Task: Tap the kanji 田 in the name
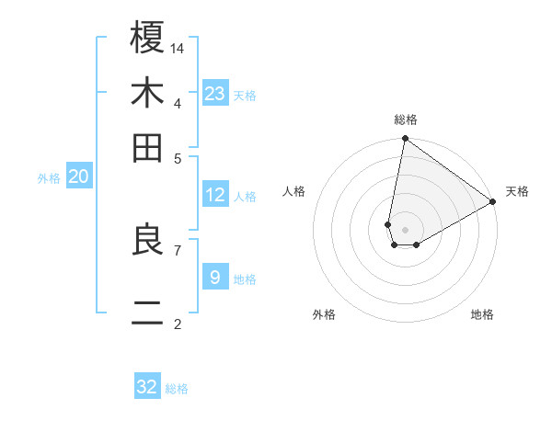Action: pos(148,147)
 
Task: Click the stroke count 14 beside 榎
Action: pos(178,48)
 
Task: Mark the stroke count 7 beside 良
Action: pos(178,249)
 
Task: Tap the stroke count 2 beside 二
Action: pos(178,324)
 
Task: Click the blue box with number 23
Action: pos(215,93)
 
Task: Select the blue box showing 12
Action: pos(215,195)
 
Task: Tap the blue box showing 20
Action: pos(79,177)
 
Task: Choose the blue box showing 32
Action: pos(147,387)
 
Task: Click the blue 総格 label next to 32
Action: pos(177,389)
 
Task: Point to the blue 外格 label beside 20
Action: pos(49,179)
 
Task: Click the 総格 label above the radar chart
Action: pos(406,120)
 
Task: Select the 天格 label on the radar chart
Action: pos(517,191)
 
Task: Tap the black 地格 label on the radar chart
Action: pos(482,315)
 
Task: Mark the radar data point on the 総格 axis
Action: pos(405,139)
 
